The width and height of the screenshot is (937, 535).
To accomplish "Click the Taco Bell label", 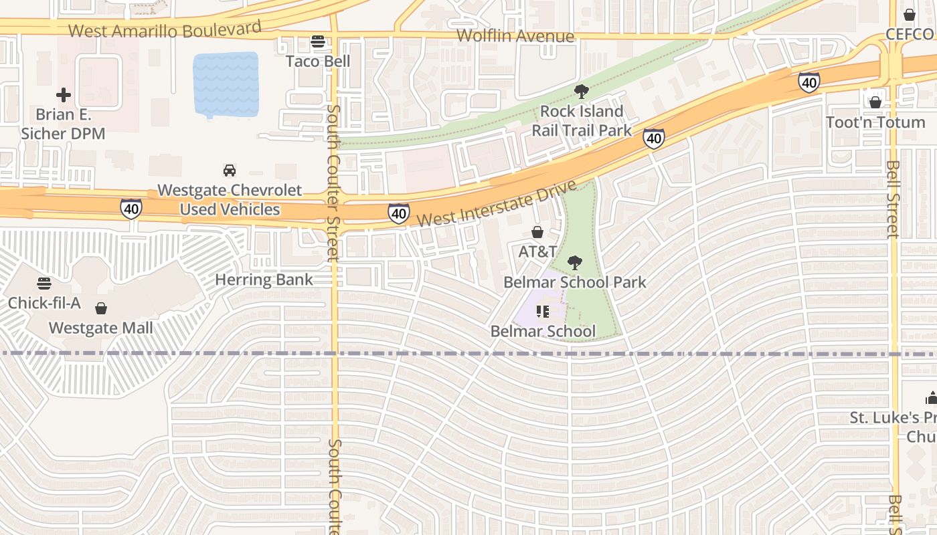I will [318, 61].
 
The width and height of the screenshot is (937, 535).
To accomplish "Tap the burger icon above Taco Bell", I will [318, 42].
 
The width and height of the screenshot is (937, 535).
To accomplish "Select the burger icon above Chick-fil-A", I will [44, 284].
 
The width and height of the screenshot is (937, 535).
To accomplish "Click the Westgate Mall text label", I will [101, 328].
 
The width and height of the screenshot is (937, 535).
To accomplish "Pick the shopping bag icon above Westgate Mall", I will [101, 308].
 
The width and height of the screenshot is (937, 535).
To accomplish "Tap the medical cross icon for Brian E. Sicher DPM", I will [64, 95].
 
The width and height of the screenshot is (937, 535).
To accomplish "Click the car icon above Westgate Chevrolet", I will [230, 171].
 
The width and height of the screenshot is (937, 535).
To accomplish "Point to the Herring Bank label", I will [264, 280].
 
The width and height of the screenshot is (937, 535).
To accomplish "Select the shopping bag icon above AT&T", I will [537, 233].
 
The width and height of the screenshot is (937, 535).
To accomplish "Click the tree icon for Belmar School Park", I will [574, 263].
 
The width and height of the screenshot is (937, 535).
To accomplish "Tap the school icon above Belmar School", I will [543, 312].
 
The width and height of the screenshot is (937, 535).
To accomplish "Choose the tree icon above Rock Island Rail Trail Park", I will [582, 92].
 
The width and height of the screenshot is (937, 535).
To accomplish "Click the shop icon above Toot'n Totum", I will [875, 102].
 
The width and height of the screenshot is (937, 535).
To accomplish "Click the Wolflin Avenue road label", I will [515, 36].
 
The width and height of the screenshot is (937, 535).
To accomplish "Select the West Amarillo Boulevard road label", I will [165, 30].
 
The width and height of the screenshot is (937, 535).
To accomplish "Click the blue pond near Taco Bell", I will [226, 84].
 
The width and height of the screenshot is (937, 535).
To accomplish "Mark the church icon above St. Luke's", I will [931, 399].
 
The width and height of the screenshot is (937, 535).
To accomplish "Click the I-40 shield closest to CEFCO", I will [808, 82].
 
